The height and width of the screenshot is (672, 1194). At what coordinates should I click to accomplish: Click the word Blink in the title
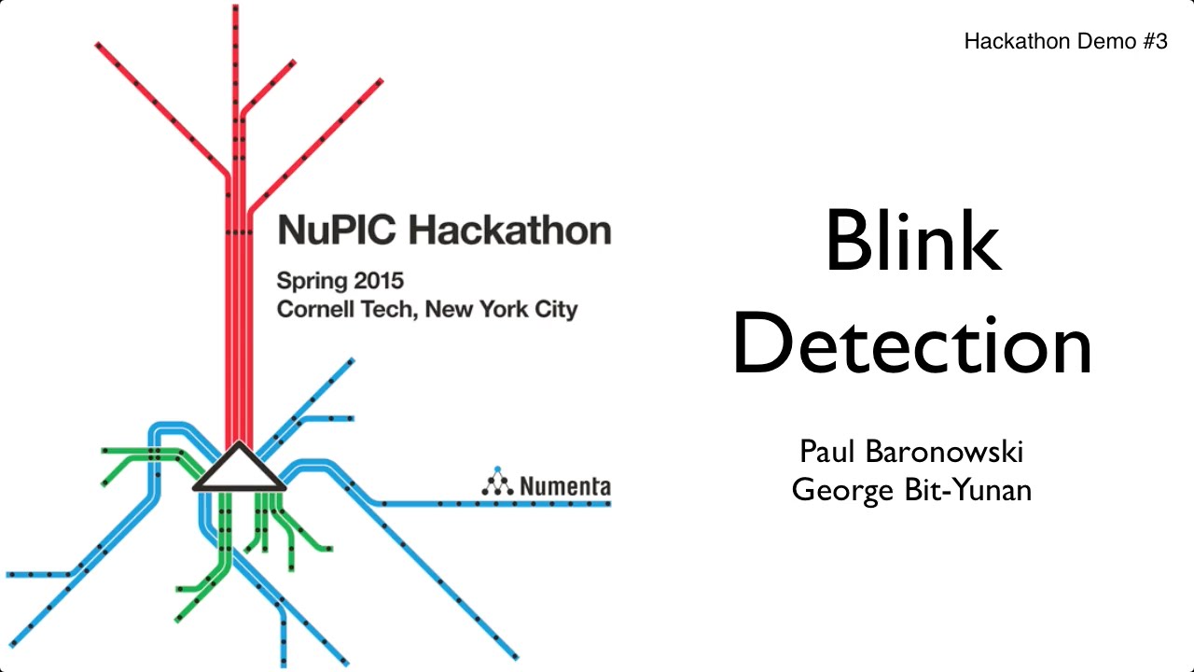913,241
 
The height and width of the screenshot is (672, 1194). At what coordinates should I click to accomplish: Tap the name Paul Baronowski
911,452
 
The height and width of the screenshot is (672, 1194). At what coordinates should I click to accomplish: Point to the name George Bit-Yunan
911,491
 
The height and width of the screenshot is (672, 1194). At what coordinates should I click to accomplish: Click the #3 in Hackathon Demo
1155,41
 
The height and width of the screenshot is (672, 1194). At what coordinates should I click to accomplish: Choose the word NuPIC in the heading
337,230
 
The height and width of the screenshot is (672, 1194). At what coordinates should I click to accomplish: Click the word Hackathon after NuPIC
510,230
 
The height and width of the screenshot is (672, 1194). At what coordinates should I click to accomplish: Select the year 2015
379,281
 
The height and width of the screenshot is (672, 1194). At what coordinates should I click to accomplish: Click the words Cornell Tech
347,309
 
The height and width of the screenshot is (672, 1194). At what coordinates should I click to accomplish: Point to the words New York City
502,310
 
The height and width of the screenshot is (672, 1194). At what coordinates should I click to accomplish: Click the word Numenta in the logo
565,486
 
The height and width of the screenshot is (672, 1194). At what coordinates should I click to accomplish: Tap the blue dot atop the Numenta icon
497,469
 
